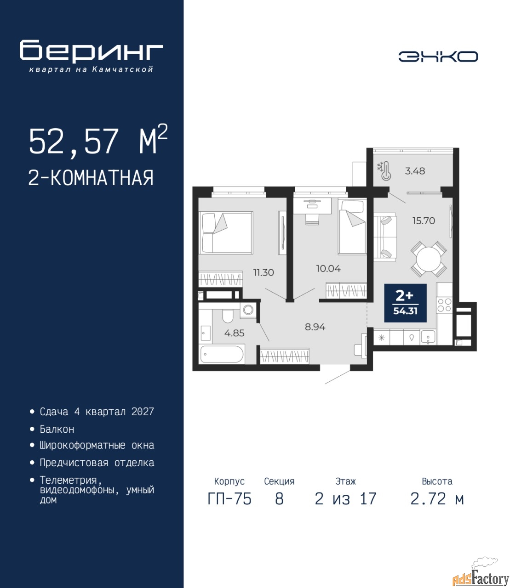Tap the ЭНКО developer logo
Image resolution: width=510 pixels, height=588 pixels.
click(x=438, y=57)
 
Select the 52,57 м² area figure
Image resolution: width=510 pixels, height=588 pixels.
click(x=98, y=142)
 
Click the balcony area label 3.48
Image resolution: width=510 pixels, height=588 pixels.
click(x=415, y=171)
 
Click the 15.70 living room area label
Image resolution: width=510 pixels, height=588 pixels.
click(x=424, y=220)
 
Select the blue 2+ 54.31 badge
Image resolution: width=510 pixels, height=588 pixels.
click(x=405, y=303)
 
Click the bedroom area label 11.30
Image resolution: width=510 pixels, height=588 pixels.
click(x=264, y=272)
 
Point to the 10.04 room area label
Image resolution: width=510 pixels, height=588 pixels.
click(x=328, y=268)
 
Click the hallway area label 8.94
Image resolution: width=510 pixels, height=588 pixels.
click(x=315, y=327)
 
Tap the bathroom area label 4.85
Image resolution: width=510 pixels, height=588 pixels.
click(x=234, y=333)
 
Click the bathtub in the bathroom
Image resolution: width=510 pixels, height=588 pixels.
click(x=222, y=354)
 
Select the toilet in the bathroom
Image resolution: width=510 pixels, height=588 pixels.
click(x=228, y=315)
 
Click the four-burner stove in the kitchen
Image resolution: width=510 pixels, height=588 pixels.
click(x=445, y=305)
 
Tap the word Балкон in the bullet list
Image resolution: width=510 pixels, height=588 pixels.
click(x=57, y=429)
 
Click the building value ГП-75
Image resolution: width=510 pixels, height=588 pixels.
click(x=229, y=499)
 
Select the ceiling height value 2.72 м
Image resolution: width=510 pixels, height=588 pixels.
click(x=437, y=499)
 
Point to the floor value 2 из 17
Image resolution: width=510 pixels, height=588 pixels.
click(x=345, y=499)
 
